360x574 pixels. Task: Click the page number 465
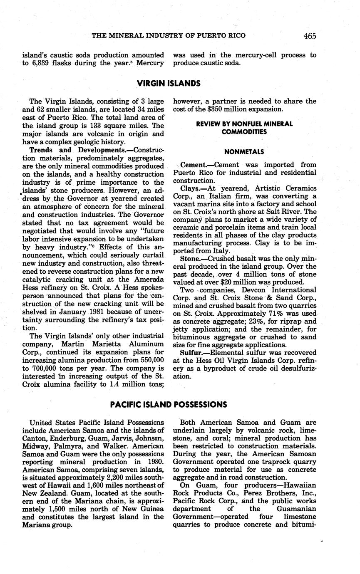pyautogui.click(x=310, y=36)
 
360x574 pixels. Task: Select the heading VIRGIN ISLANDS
pyautogui.click(x=169, y=83)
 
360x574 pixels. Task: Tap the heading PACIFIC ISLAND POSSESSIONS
pyautogui.click(x=169, y=404)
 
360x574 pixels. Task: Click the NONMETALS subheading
pyautogui.click(x=244, y=152)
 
